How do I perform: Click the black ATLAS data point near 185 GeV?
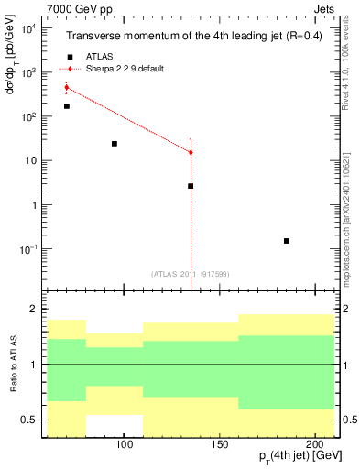point(287,241)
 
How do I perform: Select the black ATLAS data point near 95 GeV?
point(115,144)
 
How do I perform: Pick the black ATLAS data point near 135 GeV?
point(191,186)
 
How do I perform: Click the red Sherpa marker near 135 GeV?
point(191,152)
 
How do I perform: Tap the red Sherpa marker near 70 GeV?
point(66,87)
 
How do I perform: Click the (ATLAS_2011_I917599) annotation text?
point(191,273)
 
